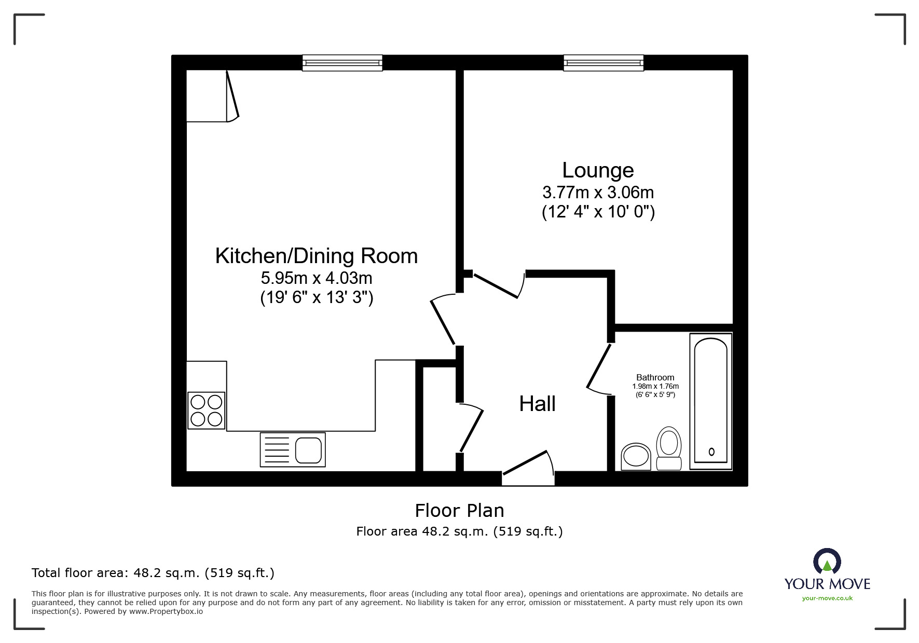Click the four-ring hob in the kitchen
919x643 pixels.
(x=207, y=410)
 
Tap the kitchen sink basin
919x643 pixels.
(x=308, y=449)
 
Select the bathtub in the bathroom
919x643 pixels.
(x=710, y=401)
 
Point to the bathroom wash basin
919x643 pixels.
(x=636, y=457)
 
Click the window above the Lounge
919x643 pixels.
(x=603, y=63)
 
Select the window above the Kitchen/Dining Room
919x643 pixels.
(x=342, y=63)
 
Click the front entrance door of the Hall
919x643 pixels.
(x=525, y=462)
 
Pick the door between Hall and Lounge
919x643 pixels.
(x=496, y=286)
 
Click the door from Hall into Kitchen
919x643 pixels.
(x=443, y=322)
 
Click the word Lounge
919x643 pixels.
(x=598, y=170)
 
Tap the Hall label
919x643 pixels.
(x=537, y=404)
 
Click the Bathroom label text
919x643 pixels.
(x=655, y=377)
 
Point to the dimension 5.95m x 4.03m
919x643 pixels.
(x=316, y=278)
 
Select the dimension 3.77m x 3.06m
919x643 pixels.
(x=598, y=193)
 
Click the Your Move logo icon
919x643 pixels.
(x=827, y=562)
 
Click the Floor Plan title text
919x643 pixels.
(x=459, y=511)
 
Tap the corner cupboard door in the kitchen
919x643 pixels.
(x=232, y=95)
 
